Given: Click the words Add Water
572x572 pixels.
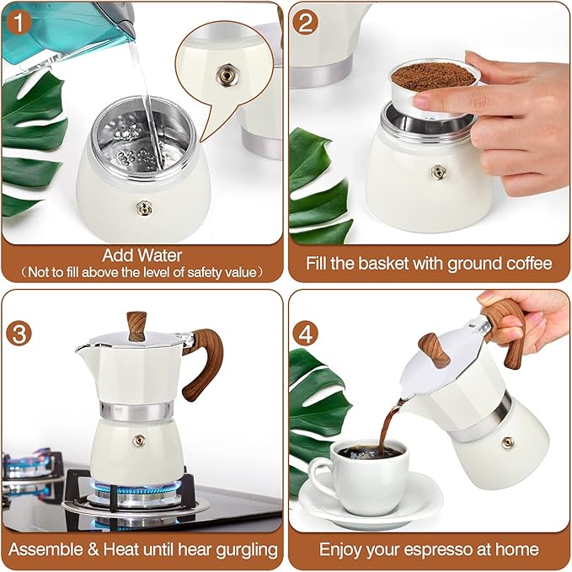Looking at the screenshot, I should (142, 254).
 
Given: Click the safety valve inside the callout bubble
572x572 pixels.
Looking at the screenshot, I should (227, 76).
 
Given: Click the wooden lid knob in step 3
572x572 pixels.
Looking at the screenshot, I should (136, 324).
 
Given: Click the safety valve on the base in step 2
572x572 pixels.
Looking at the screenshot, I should (438, 172).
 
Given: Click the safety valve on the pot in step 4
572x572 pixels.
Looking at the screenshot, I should (507, 442).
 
